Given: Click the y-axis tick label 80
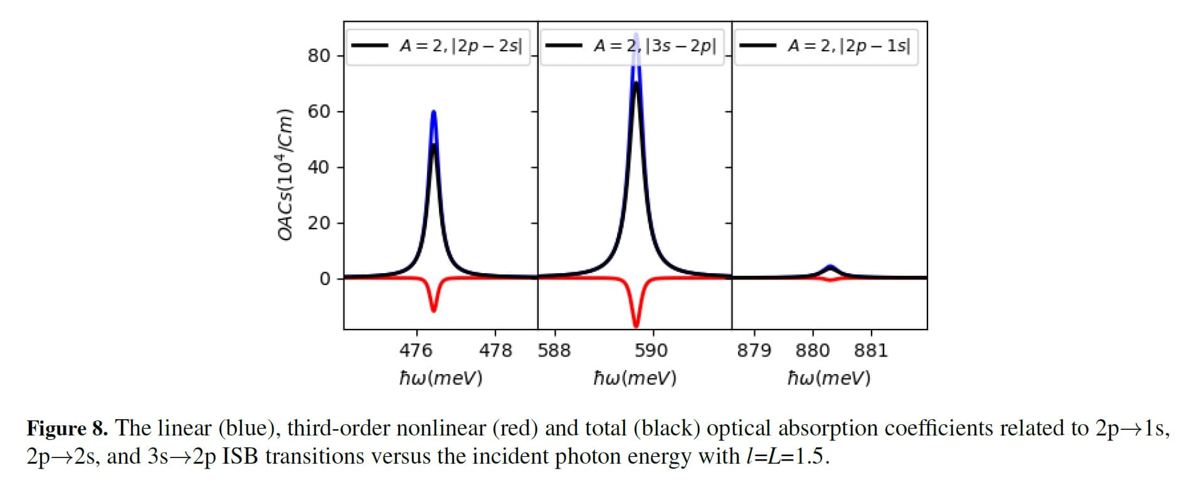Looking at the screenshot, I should coord(319,56).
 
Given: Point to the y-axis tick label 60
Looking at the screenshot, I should coord(319,112).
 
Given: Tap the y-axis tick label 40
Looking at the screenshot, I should coord(319,167).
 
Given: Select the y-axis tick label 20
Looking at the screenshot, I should coord(319,223).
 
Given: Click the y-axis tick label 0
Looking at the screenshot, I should coord(324,279).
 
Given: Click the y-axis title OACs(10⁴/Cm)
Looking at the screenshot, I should coord(285,174).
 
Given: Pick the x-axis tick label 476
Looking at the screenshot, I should coord(416,350).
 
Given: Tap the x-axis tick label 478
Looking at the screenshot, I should coord(495,350).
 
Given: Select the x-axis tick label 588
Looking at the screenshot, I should coord(554,350).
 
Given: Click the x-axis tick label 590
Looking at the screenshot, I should coord(651,350).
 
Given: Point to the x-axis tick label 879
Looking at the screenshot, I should coord(754,350).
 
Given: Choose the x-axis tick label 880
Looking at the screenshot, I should coord(813,350).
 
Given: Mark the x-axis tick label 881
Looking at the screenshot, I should coord(871,350).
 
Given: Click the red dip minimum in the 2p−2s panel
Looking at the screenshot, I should coord(433,310).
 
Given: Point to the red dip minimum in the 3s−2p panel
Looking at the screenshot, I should coord(636,326).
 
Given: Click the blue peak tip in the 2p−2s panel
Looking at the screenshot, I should coord(433,113).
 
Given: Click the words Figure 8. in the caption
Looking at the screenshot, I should coord(67,429).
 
